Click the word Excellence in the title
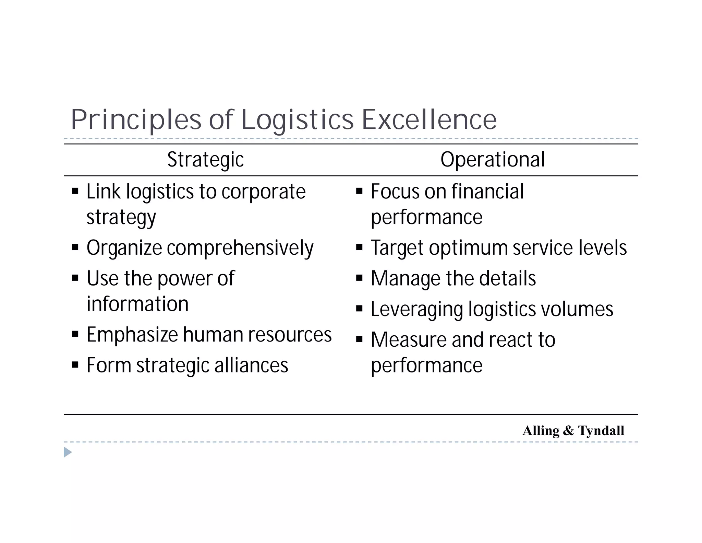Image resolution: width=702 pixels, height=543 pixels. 429,120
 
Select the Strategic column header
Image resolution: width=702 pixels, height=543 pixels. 205,160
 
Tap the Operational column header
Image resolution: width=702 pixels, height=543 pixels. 493,160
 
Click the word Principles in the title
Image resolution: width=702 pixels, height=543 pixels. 136,120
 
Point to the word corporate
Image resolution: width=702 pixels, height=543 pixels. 263,192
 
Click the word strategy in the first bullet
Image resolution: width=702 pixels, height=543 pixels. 121,218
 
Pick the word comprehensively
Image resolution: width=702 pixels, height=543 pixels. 240,248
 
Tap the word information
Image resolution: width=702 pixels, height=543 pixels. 137,304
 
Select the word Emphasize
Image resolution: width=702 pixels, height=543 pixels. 132,335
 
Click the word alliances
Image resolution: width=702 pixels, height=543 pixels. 251,365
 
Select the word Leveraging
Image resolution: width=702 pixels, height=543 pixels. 417,309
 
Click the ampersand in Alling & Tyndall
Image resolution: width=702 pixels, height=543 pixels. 568,430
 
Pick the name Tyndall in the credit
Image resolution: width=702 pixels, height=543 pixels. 601,430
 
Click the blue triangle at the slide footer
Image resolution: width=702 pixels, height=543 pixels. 68,452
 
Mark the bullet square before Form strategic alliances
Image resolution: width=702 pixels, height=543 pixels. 75,365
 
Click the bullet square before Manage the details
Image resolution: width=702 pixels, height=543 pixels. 359,278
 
